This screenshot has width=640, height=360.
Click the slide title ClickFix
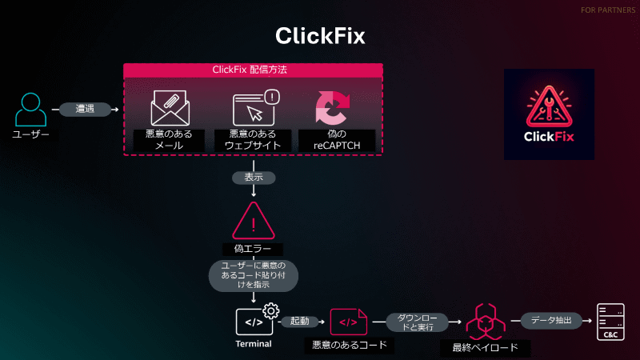tap(320, 36)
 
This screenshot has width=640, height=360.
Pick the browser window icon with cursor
tap(255, 108)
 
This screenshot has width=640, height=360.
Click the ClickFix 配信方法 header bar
tap(253, 70)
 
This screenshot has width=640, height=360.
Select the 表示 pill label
tap(253, 177)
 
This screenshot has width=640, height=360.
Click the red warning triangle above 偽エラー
tap(253, 220)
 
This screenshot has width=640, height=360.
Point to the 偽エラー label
tap(253, 248)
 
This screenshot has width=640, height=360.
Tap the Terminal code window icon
tap(253, 322)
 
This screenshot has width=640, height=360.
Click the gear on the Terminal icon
tap(270, 310)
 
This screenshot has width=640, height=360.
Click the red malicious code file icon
tap(349, 322)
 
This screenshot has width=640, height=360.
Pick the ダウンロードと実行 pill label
tap(411, 322)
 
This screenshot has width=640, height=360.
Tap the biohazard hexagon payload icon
tap(485, 322)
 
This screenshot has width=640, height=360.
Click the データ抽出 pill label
tap(552, 321)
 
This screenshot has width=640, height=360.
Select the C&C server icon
tap(610, 322)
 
